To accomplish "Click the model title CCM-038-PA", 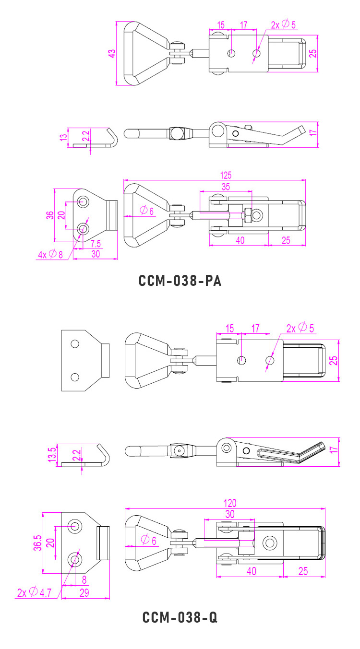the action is coord(180,281).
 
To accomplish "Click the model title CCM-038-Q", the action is coord(180,617).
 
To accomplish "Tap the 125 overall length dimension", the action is coord(226,175).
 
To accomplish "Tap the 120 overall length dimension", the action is coord(230,503).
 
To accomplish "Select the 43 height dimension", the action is coord(111,53).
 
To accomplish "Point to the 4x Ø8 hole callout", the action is coord(50,254).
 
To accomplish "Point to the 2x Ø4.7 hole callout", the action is coord(34,592).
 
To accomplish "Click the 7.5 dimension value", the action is coord(96,244).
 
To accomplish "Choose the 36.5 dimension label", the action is coord(38,543).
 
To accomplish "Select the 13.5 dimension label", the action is coord(52,454).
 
